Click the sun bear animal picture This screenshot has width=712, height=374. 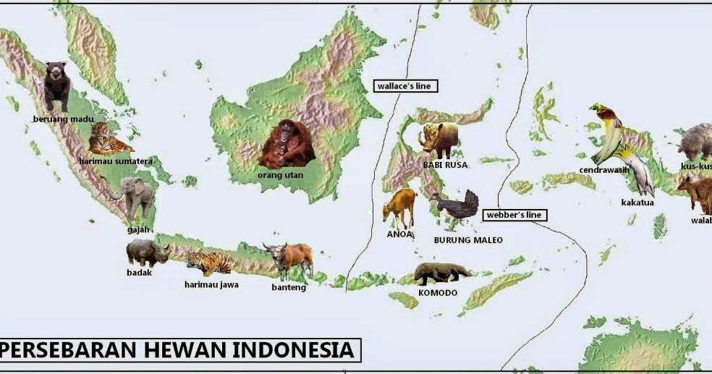(56, 85)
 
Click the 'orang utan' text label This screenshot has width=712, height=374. (281, 175)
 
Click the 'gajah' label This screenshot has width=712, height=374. (137, 230)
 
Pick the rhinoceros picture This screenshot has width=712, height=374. (148, 253)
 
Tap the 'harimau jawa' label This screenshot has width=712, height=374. (211, 284)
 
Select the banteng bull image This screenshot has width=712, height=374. (289, 258)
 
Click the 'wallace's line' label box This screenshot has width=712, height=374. (404, 86)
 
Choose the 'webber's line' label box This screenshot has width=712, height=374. (514, 215)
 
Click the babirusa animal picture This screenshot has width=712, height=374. (438, 139)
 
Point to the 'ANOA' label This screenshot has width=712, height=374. (399, 234)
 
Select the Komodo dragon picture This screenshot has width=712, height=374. (441, 273)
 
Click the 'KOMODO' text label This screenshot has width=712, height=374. (438, 293)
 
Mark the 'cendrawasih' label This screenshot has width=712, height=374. (604, 171)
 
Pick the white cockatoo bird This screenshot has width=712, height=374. (637, 169)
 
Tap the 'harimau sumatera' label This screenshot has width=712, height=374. (116, 161)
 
